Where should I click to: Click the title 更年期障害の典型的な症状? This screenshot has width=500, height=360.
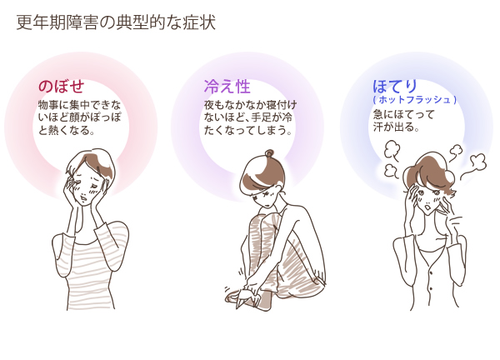coord(116,22)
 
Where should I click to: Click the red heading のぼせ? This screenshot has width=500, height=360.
coord(61,87)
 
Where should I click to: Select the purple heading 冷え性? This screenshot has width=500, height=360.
coord(227,87)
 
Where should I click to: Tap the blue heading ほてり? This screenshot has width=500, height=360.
coord(395,86)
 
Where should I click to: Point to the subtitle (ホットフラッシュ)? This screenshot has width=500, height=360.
coord(415,100)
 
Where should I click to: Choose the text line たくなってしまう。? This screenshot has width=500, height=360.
coord(248,130)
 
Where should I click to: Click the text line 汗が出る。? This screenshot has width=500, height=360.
coord(396,127)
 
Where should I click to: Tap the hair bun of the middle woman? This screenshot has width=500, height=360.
coord(269,153)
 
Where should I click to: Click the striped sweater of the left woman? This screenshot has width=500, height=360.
coord(90,265)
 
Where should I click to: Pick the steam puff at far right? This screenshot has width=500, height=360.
coord(477,162)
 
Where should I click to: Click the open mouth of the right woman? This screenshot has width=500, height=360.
coord(429,207)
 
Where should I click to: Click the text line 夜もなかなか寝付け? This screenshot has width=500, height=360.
coord(250,105)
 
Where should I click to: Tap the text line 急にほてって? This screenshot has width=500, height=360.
coord(404,114)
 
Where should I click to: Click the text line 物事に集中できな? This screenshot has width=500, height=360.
coord(80,105)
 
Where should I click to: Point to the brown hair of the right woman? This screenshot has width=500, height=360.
coord(427,172)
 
